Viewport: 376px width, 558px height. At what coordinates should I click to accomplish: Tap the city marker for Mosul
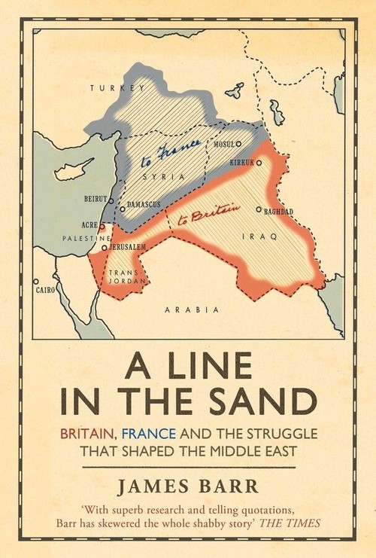point(239,143)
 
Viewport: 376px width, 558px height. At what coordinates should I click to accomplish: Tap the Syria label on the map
point(168,175)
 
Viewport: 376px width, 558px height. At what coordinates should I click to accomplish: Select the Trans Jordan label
point(123,277)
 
